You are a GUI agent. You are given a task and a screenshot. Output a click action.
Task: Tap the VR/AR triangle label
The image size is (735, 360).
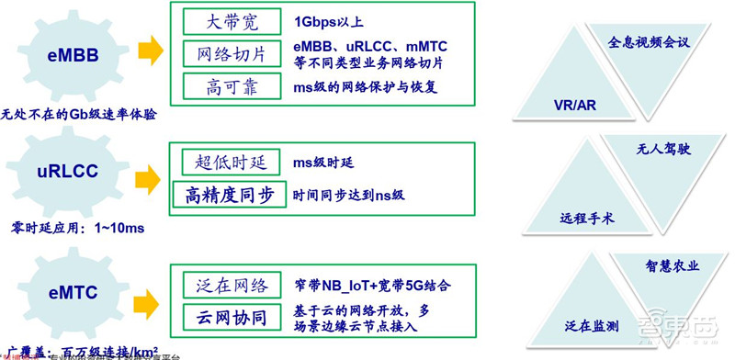575,106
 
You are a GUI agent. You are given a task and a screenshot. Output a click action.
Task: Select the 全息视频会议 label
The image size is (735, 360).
648,42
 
